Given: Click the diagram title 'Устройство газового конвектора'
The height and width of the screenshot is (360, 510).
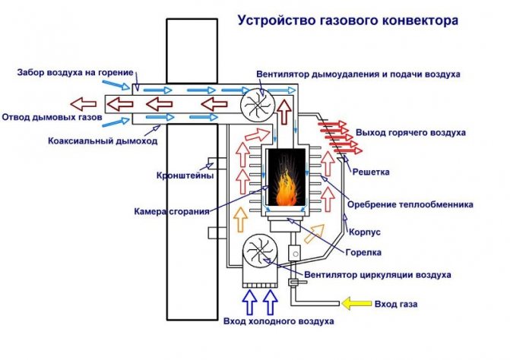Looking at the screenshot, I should (349, 21).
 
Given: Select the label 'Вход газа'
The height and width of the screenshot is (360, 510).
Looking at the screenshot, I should (395, 305).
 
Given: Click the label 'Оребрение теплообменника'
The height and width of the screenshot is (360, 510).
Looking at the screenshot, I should (410, 204).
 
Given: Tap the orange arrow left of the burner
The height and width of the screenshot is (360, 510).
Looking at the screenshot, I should (241, 220).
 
